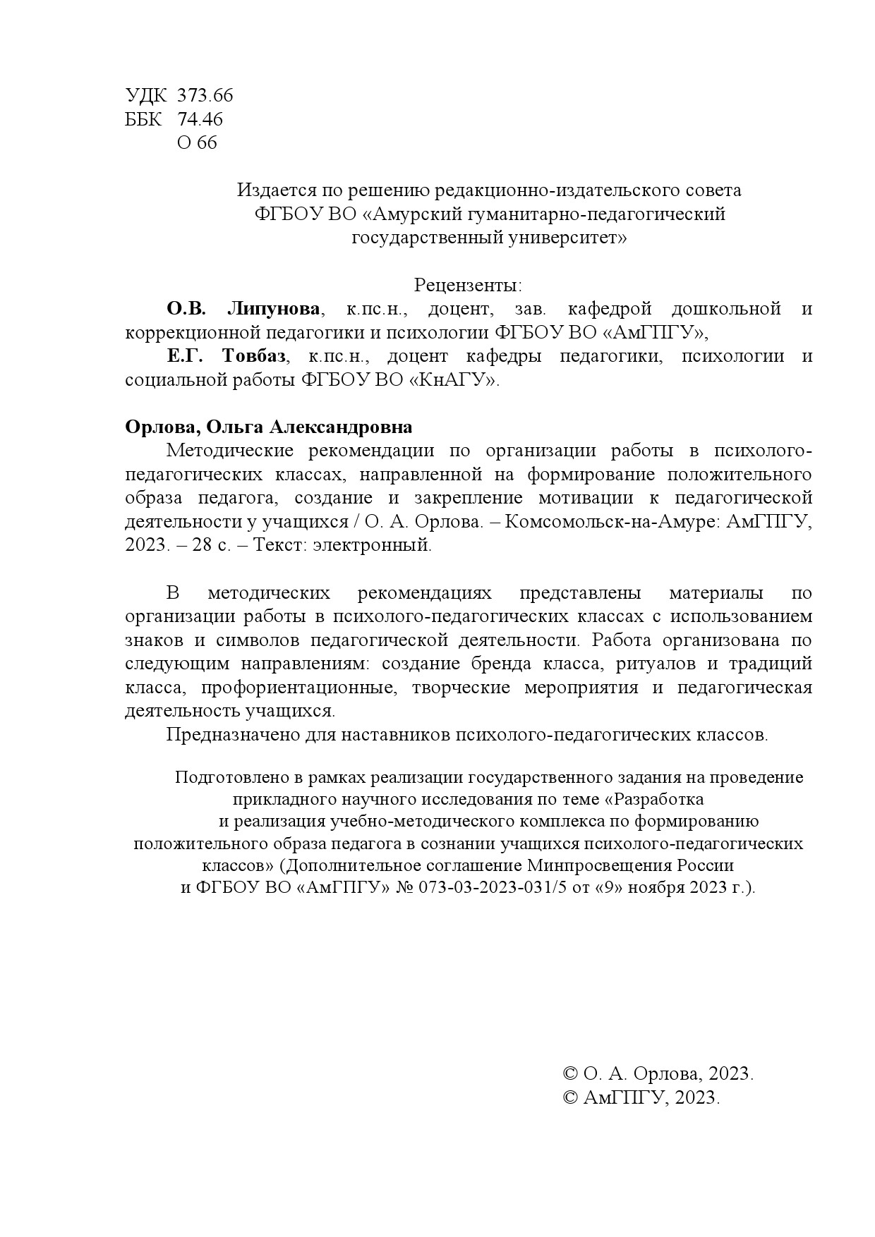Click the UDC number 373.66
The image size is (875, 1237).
point(205,95)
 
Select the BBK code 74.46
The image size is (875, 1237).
point(200,119)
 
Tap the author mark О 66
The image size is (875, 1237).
point(197,143)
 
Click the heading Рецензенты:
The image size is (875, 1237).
point(468,286)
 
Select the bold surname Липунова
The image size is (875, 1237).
point(273,309)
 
